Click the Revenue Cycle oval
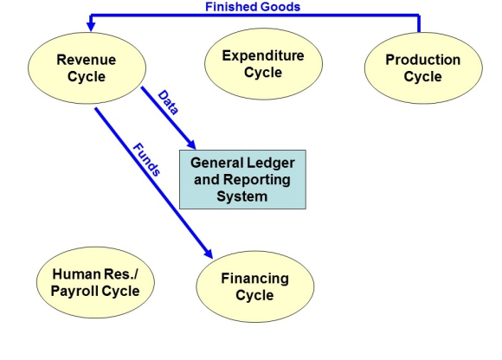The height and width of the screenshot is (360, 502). tap(87, 67)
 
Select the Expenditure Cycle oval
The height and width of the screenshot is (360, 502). tap(263, 64)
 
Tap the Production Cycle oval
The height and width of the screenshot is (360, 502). tap(423, 67)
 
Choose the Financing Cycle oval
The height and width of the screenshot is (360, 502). tap(255, 286)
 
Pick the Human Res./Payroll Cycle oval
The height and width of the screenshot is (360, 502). tap(95, 282)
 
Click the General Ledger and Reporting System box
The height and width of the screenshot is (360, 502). tap(242, 179)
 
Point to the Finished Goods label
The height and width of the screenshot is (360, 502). tap(253, 7)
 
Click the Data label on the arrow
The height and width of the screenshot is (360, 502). tap(168, 102)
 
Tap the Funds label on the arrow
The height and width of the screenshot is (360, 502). tap(146, 159)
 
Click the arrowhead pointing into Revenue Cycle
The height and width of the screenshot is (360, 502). tap(91, 27)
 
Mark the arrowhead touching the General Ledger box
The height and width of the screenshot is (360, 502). tap(191, 145)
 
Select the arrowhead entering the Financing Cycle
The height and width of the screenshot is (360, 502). tap(209, 254)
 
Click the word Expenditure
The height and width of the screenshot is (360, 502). tap(263, 55)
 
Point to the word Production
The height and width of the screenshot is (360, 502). tap(423, 60)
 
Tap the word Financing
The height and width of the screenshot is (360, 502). tap(254, 279)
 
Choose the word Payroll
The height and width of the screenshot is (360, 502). tap(74, 291)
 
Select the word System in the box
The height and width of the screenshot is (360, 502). tap(242, 196)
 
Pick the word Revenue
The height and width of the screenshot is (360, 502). tap(87, 60)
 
